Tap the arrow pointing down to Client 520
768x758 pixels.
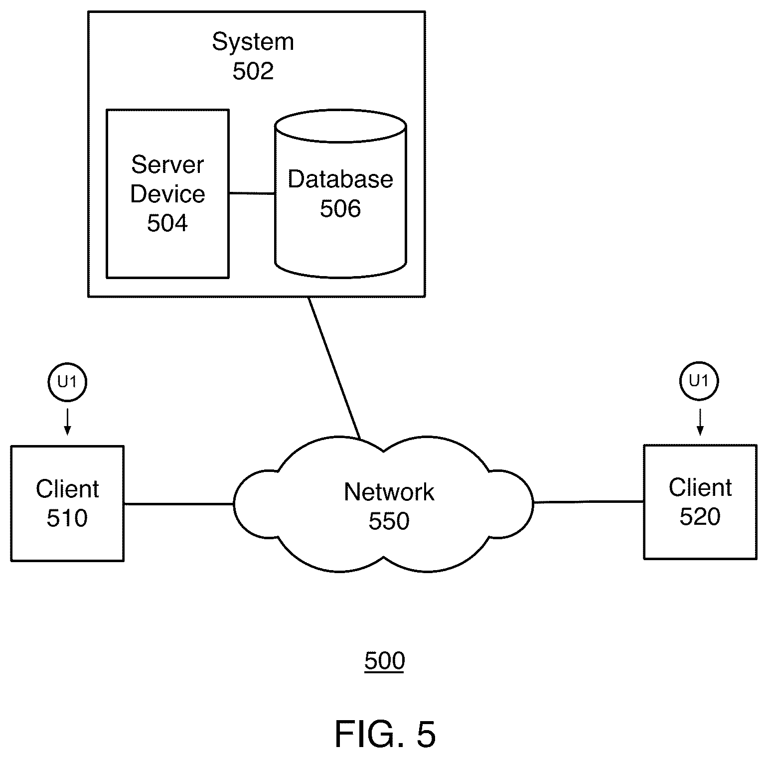click(x=700, y=422)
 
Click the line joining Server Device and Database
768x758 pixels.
click(x=252, y=193)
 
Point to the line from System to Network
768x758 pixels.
click(x=334, y=368)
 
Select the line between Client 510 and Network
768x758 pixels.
click(x=178, y=504)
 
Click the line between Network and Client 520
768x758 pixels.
click(x=589, y=502)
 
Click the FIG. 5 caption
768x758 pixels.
click(x=385, y=734)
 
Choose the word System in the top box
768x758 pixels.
click(x=253, y=42)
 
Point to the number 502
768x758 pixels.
click(x=253, y=71)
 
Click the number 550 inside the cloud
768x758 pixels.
click(x=389, y=521)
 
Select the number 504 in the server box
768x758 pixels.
click(x=167, y=223)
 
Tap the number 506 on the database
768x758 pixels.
click(x=340, y=208)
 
